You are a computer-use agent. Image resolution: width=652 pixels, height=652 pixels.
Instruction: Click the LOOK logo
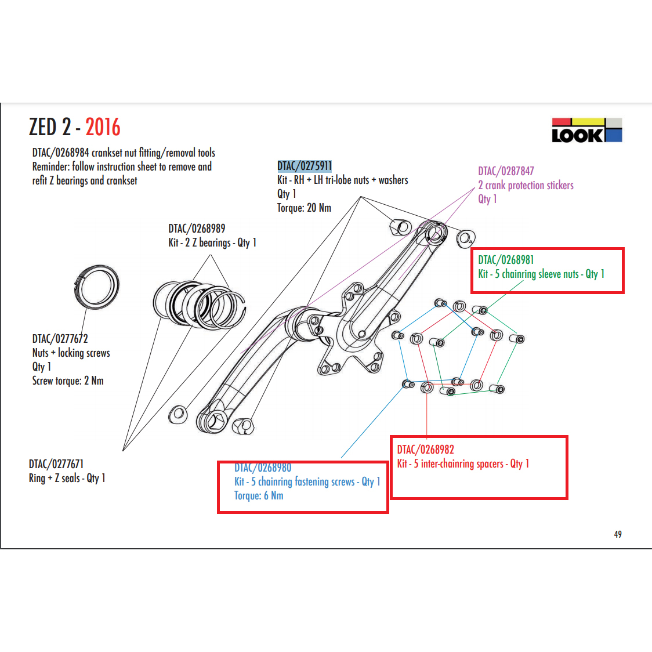(586, 131)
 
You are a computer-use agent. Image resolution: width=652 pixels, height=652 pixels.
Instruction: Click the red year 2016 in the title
(103, 127)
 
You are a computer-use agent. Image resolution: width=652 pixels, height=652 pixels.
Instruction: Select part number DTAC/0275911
(305, 166)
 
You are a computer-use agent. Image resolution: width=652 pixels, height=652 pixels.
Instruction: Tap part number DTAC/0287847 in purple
(506, 171)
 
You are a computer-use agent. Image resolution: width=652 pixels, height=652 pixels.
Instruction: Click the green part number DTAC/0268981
(506, 260)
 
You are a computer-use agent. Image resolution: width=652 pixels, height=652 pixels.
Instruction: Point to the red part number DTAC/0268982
(425, 450)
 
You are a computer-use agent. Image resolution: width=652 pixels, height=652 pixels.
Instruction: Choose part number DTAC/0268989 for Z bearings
(197, 229)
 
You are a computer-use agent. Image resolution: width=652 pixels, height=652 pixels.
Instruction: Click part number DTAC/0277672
(60, 339)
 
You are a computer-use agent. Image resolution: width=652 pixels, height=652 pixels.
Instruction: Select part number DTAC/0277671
(56, 464)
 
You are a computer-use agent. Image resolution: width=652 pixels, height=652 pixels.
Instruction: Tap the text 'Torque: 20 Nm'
(304, 208)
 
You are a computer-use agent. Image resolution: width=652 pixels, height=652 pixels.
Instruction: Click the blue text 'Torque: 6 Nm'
(259, 495)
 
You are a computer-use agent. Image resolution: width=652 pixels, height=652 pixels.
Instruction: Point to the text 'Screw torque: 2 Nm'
(68, 381)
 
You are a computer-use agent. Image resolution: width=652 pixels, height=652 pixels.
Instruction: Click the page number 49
(618, 534)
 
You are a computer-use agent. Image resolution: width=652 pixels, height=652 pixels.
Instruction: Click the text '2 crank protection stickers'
(526, 185)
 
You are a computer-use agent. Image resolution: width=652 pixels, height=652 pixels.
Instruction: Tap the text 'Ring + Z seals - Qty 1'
(67, 478)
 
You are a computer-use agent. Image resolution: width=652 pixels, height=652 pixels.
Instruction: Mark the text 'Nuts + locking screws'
(71, 353)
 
